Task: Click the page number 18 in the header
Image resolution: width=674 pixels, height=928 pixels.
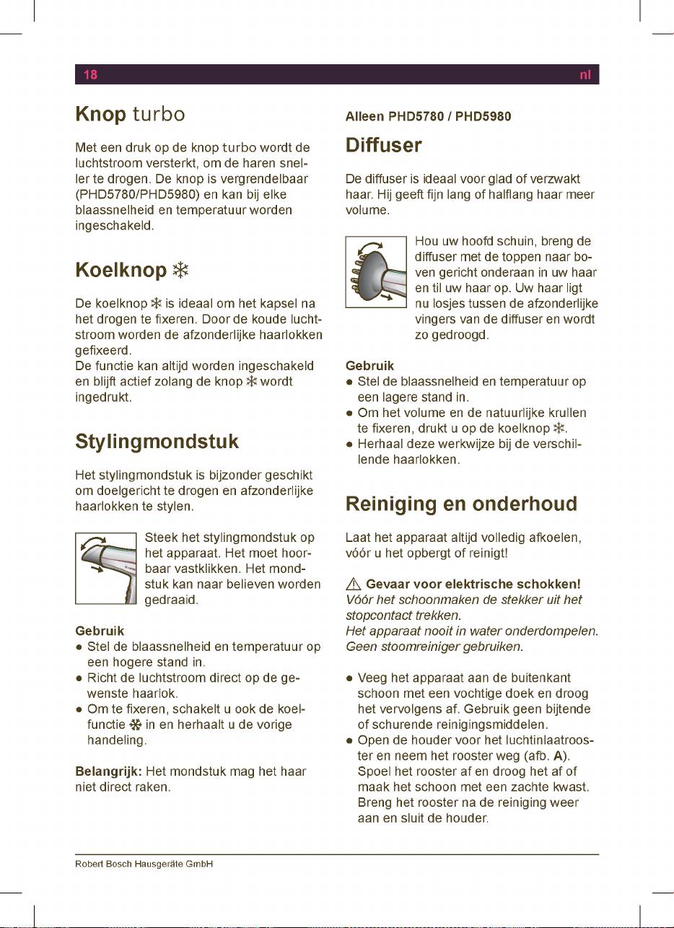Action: click(x=90, y=74)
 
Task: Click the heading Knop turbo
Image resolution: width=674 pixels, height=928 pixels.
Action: click(x=130, y=115)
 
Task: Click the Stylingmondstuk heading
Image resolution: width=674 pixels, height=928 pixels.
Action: click(x=157, y=441)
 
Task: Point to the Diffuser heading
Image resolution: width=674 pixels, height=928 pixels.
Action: click(x=383, y=145)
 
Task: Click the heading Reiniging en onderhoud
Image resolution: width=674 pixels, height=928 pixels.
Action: click(x=461, y=503)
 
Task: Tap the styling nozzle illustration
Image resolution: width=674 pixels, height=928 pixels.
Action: click(x=105, y=568)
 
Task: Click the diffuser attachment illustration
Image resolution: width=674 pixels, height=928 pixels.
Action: click(x=376, y=272)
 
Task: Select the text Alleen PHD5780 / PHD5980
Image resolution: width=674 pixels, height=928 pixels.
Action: click(x=429, y=116)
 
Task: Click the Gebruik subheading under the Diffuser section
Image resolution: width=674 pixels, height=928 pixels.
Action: click(x=369, y=366)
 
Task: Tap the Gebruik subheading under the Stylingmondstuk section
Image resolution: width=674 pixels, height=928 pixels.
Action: click(x=100, y=631)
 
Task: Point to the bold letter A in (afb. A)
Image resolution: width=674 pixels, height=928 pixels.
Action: click(x=557, y=754)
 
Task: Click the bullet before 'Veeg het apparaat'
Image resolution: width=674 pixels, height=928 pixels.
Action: click(x=350, y=678)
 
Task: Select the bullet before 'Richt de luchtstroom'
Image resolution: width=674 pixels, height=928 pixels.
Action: click(x=79, y=678)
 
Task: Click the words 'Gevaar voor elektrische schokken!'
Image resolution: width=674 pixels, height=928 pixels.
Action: click(x=473, y=583)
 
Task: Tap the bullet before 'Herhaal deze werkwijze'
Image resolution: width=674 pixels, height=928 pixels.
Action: click(x=350, y=445)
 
